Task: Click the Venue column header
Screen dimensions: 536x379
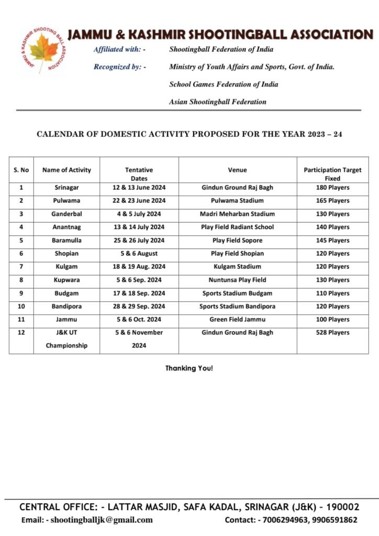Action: [x=237, y=170]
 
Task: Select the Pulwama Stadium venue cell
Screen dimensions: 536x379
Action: [x=237, y=200]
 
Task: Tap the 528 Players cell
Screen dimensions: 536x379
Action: [x=332, y=332]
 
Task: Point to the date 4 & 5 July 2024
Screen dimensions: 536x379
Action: [x=139, y=214]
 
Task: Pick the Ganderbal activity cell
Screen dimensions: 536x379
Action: [x=66, y=214]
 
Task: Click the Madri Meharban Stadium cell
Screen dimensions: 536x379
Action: [x=237, y=214]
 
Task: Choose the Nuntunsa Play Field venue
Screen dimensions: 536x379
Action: [x=237, y=280]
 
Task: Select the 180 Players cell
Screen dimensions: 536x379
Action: [x=332, y=187]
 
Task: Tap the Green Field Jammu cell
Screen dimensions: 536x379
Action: [x=237, y=319]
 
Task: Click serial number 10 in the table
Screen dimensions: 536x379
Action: [x=21, y=306]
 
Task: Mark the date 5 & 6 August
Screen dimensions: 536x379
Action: [x=139, y=253]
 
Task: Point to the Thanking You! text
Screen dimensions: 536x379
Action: [x=189, y=368]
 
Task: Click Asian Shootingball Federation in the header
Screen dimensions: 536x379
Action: [x=217, y=102]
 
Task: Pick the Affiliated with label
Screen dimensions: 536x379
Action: [x=119, y=49]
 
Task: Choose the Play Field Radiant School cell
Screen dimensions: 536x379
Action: [x=237, y=227]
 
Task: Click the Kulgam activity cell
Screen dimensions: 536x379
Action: [x=66, y=266]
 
